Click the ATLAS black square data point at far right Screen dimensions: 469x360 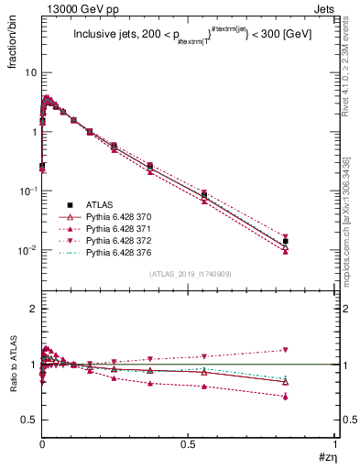point(286,242)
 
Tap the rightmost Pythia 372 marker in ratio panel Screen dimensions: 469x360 point(286,350)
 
